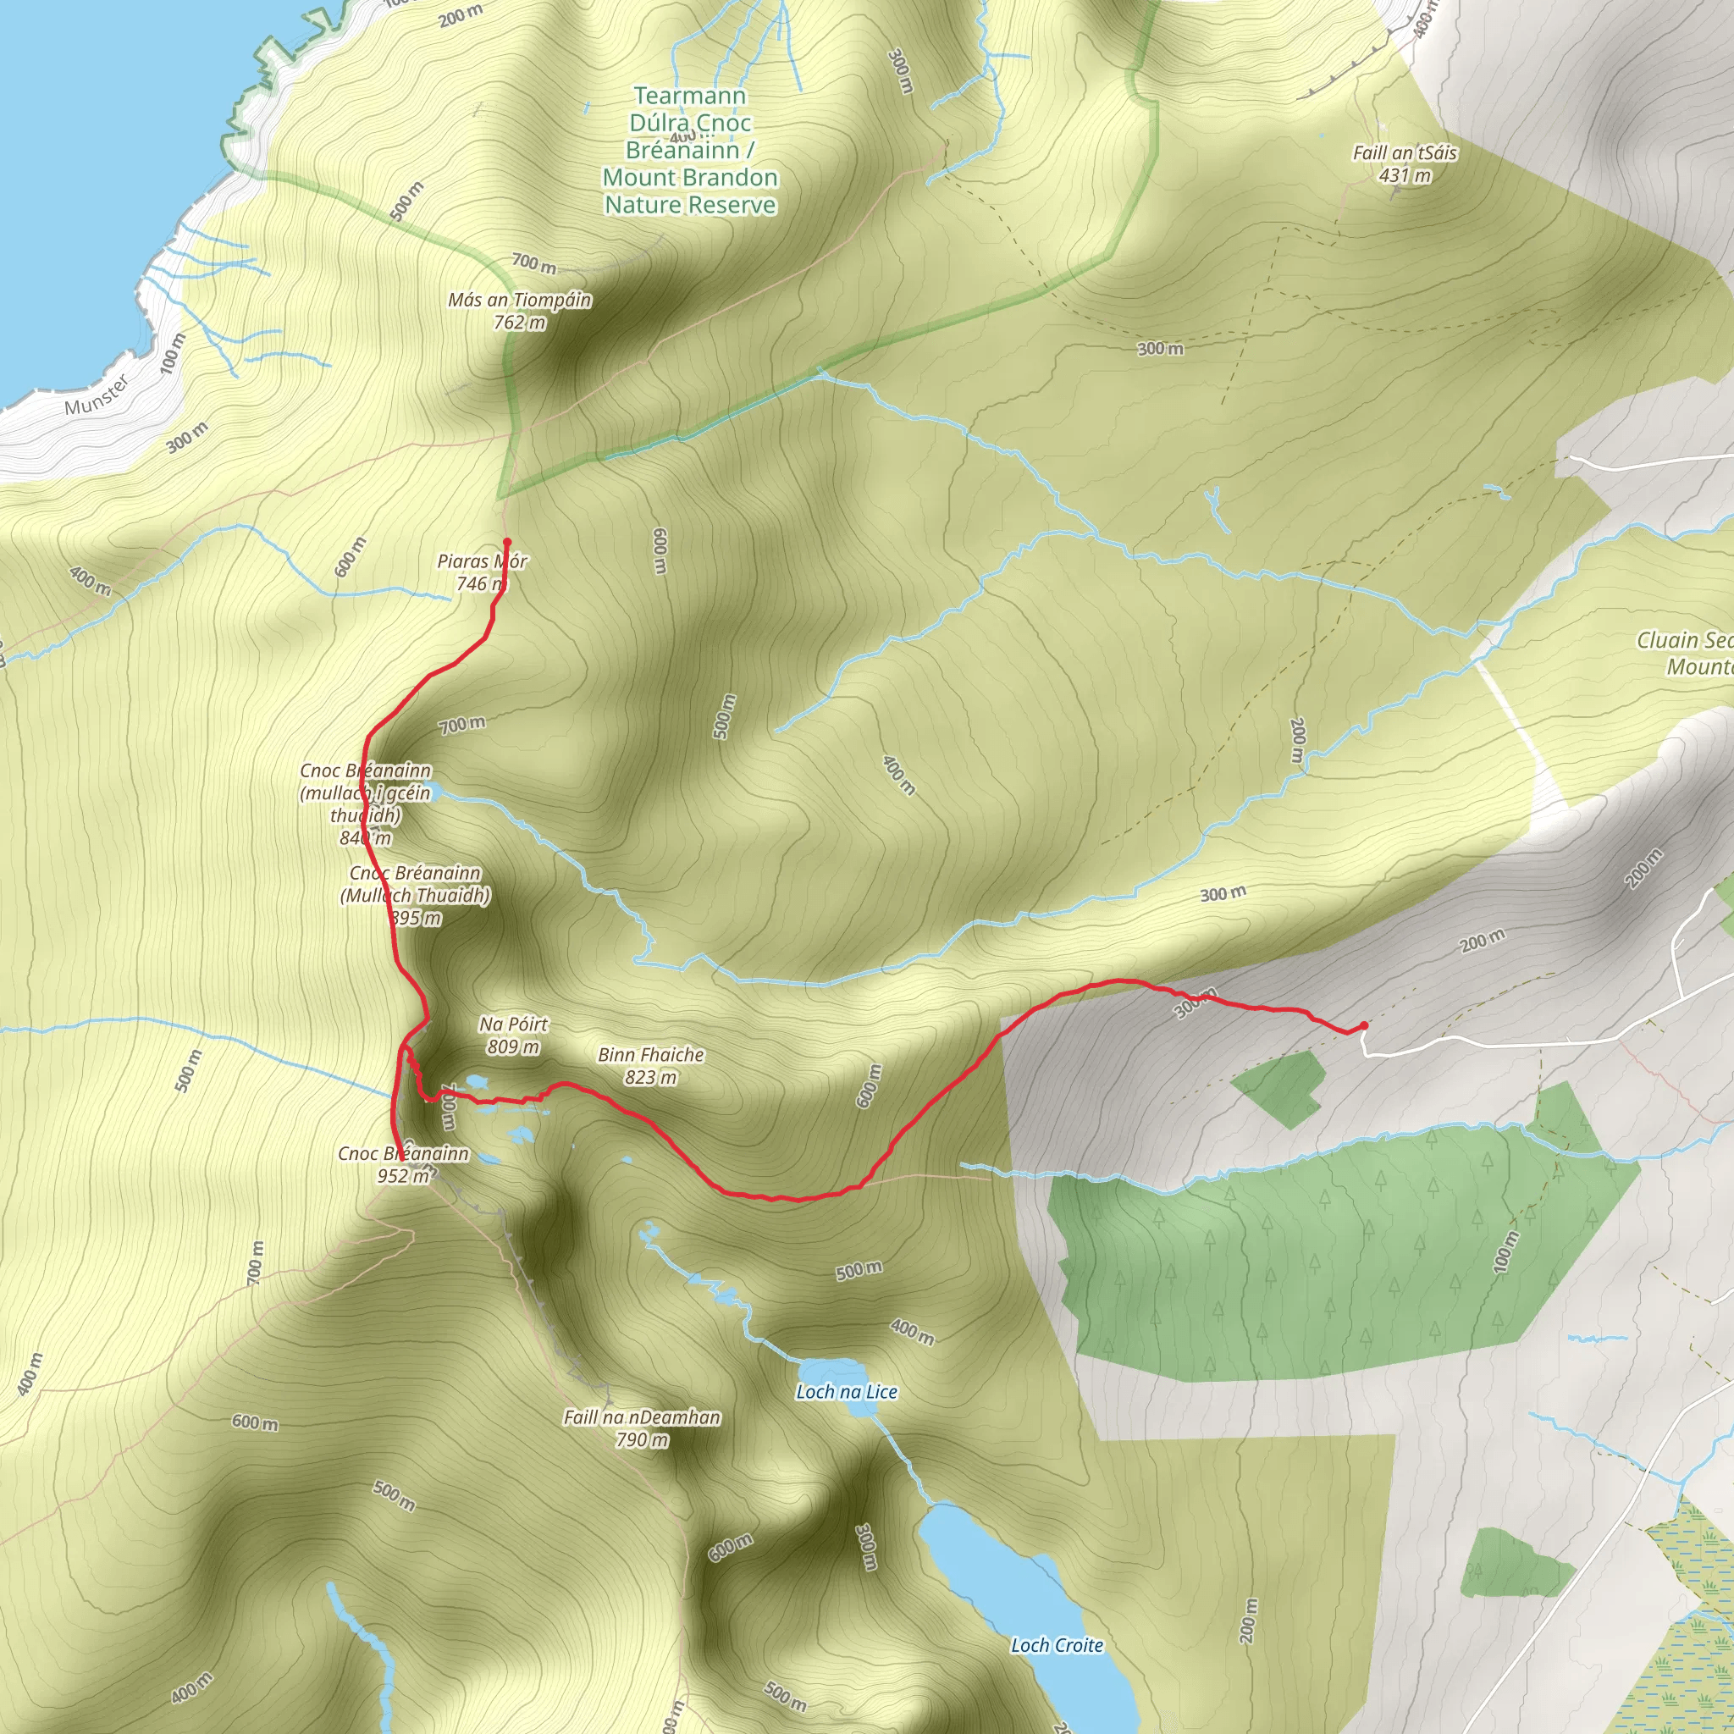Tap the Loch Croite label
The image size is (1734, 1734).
[x=1057, y=1644]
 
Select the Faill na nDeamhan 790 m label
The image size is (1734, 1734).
[x=642, y=1428]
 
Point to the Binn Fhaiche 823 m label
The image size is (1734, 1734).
[x=651, y=1065]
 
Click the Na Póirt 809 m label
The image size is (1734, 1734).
[x=513, y=1035]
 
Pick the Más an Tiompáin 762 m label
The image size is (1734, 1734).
[x=520, y=311]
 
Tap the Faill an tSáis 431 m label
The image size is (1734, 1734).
[x=1405, y=163]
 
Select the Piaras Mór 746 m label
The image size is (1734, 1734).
[x=482, y=572]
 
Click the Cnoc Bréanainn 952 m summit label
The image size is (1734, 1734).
[x=403, y=1164]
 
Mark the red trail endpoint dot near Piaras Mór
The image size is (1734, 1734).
[x=507, y=542]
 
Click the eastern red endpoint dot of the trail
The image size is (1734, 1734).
[x=1363, y=1025]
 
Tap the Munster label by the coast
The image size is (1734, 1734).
[x=97, y=395]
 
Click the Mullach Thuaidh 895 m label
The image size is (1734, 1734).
[x=416, y=895]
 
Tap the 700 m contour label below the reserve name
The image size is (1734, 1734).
[x=534, y=263]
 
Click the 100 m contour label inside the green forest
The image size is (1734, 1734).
[x=1505, y=1251]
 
